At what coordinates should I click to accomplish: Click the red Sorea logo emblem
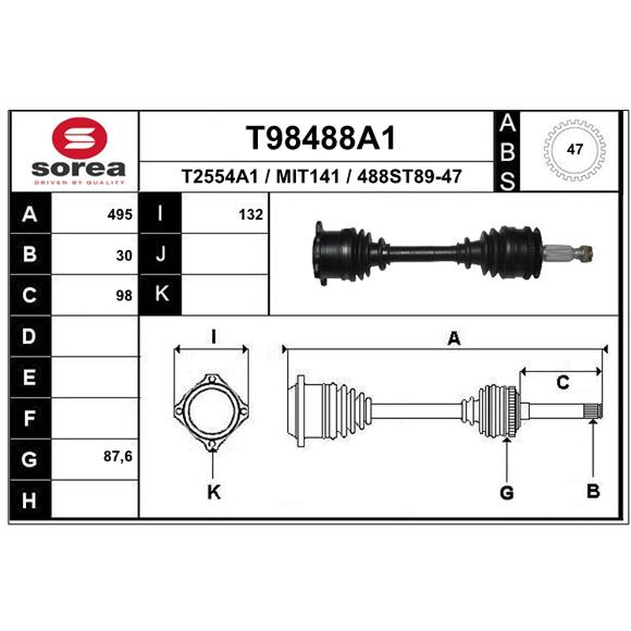(x=80, y=137)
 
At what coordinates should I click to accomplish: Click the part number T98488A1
(x=321, y=138)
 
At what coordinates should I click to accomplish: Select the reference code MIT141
(x=308, y=176)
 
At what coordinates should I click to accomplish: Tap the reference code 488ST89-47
(x=409, y=176)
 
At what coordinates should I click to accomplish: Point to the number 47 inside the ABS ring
(x=574, y=149)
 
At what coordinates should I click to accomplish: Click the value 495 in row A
(x=120, y=215)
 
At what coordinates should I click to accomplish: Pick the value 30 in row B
(x=124, y=256)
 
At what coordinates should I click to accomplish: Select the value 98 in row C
(x=124, y=296)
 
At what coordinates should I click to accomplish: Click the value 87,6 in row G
(x=118, y=457)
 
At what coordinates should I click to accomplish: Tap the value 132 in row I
(x=251, y=215)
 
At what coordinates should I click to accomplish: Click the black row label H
(x=30, y=501)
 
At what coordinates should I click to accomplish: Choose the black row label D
(x=30, y=336)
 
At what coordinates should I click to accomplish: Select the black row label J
(x=161, y=254)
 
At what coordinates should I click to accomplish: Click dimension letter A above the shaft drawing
(x=454, y=338)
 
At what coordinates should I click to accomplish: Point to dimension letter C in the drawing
(x=562, y=382)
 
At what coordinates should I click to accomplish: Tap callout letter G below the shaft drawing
(x=506, y=492)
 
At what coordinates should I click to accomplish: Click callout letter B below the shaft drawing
(x=593, y=491)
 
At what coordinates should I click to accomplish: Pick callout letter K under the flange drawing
(x=214, y=492)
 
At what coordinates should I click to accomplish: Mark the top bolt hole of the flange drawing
(x=211, y=379)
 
